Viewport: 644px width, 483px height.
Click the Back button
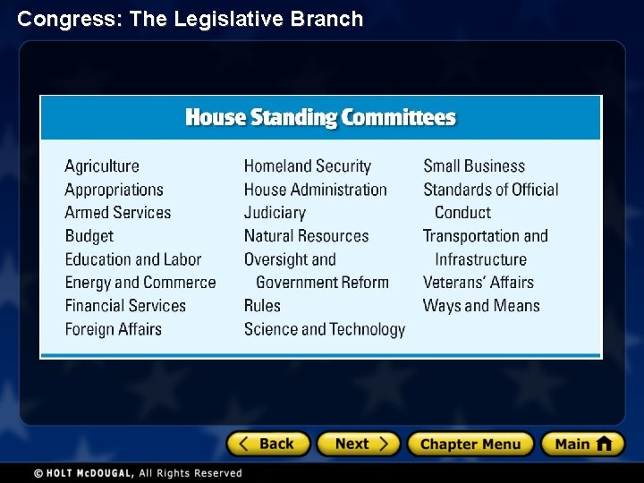(267, 444)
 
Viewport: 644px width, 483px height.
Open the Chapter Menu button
(470, 444)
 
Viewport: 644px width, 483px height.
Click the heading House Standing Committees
(320, 118)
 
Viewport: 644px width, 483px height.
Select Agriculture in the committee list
(102, 166)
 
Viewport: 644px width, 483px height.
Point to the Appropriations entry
(114, 190)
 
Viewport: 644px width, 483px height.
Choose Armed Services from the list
(117, 213)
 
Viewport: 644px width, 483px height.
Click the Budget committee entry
(89, 236)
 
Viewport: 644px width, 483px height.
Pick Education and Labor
(133, 259)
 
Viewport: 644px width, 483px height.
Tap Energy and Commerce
(140, 283)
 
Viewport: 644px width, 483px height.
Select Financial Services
(125, 306)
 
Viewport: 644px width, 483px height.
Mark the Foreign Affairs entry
(114, 329)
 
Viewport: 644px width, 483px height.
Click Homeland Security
(307, 166)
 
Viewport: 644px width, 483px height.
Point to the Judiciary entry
(275, 213)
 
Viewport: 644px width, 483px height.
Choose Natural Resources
(306, 236)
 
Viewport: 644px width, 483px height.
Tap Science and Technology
(324, 329)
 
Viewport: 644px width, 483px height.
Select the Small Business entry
(474, 166)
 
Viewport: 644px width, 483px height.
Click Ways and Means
(481, 306)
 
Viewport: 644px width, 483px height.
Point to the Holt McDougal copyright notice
(138, 473)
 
